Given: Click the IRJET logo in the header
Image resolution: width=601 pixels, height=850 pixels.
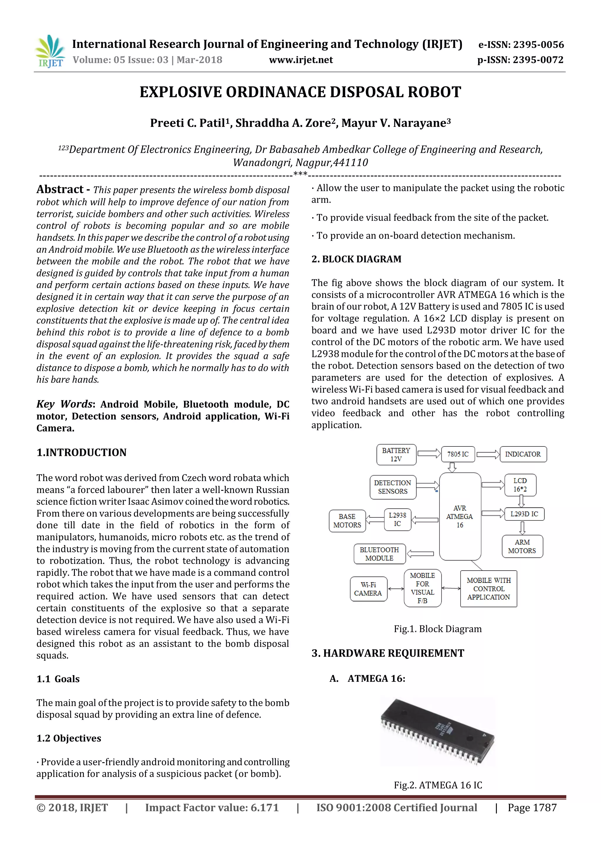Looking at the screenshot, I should click(x=50, y=51).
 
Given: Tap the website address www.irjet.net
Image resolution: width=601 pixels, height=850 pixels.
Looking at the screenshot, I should click(x=301, y=60).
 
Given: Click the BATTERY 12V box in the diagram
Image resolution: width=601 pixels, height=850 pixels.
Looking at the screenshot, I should click(x=396, y=455).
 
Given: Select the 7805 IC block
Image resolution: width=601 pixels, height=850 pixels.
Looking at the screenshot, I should click(x=458, y=454).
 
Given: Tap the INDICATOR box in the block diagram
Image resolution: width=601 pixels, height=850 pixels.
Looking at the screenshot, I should click(x=523, y=454).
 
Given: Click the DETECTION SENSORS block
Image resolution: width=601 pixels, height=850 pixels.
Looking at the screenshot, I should click(x=393, y=487).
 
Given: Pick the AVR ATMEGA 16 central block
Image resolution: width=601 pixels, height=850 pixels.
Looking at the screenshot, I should click(x=460, y=517).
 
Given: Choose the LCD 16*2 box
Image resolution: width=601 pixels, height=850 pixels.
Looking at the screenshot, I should click(x=520, y=485).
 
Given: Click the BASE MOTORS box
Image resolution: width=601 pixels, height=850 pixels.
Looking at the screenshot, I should click(x=347, y=521).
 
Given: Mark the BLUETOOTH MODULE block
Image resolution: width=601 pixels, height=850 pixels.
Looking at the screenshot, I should click(x=379, y=554).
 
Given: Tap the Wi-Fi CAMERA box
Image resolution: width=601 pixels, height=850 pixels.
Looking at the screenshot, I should click(x=368, y=589).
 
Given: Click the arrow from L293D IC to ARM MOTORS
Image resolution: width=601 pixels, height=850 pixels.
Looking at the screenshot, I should click(x=522, y=528).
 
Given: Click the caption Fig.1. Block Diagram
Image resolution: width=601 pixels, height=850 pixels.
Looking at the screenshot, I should click(x=438, y=629).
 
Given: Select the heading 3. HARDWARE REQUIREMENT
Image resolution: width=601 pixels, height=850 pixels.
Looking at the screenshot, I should click(x=388, y=653).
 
